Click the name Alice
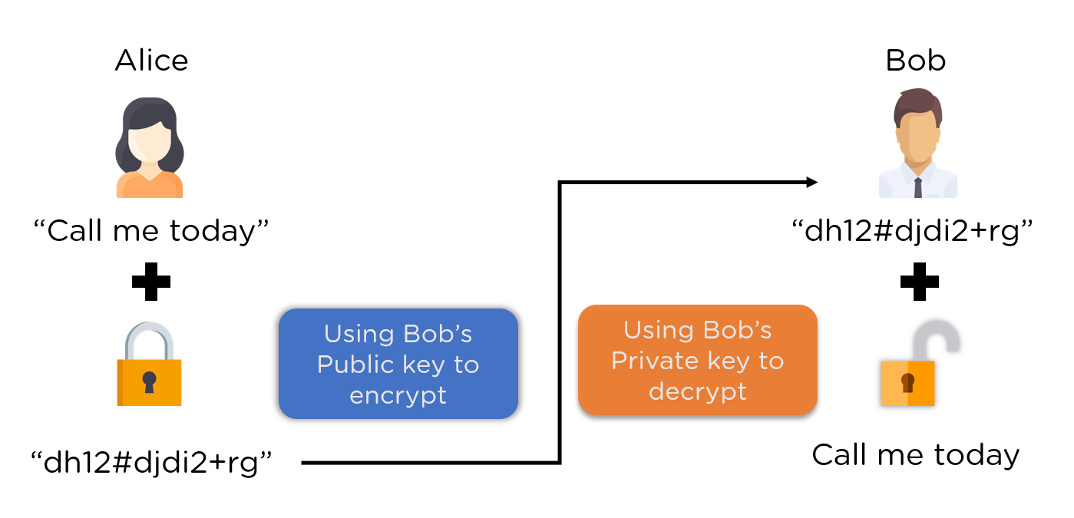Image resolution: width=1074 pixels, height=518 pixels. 151,61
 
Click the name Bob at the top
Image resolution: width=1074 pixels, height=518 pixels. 916,61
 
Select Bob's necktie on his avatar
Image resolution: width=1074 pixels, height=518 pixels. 918,187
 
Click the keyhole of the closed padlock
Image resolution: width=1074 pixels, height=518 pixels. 149,381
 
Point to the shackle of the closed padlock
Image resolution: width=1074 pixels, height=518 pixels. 150,338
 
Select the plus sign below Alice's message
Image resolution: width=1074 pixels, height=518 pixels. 151,282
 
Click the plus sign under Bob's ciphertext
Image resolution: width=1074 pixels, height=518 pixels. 919,282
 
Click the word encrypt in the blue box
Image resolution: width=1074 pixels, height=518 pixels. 398,395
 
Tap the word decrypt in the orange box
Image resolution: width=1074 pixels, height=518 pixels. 697,391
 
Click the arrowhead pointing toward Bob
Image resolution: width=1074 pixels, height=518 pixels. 812,182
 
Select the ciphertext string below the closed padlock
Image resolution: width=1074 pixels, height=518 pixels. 151,463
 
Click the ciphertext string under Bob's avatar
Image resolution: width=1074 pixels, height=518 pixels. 913,230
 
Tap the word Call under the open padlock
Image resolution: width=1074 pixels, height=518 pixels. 840,455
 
